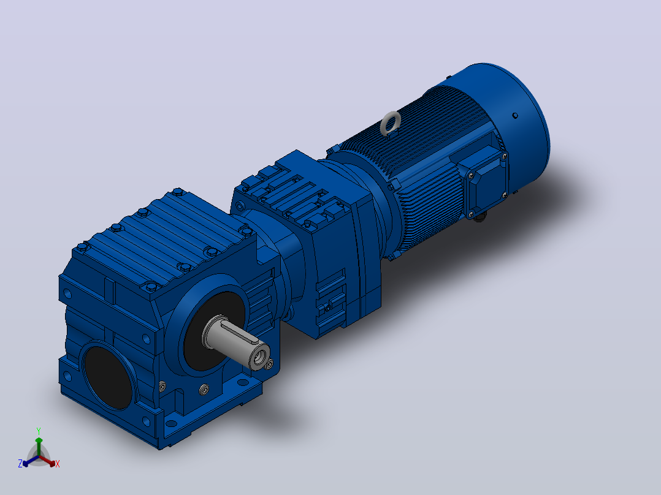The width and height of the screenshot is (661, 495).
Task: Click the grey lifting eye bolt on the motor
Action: (x=389, y=123)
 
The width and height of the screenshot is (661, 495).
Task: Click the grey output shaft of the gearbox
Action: (x=236, y=341)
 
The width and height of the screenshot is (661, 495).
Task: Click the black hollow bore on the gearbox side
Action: (x=108, y=377)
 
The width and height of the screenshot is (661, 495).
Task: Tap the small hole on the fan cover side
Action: (x=515, y=115)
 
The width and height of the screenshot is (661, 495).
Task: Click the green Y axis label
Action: (x=39, y=431)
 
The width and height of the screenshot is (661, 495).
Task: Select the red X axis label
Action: (x=58, y=464)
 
